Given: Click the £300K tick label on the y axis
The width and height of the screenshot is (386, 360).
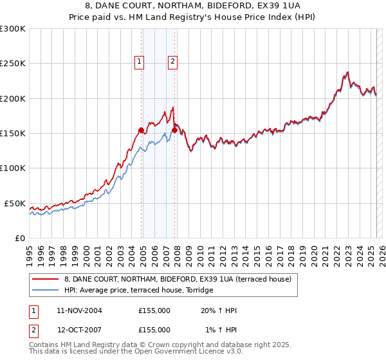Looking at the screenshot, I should coord(12,29).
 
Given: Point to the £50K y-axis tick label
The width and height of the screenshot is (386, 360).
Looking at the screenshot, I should coord(15,203).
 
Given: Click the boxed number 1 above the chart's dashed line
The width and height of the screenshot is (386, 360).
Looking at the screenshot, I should coord(139,62).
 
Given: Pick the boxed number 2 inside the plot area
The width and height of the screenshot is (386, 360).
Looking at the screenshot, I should coord(172,62).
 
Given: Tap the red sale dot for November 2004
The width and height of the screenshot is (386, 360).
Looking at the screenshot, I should coord(141,130).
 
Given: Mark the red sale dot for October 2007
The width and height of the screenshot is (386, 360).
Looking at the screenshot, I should coord(174,130).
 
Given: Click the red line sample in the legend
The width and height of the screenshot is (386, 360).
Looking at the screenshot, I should coord(45,279).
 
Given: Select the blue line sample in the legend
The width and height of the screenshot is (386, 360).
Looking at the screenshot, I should coord(45,290).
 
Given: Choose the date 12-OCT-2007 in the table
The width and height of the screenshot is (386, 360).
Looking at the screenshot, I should coord(79,330).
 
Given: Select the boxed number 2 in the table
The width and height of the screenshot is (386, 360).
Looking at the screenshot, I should coord(32,330).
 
